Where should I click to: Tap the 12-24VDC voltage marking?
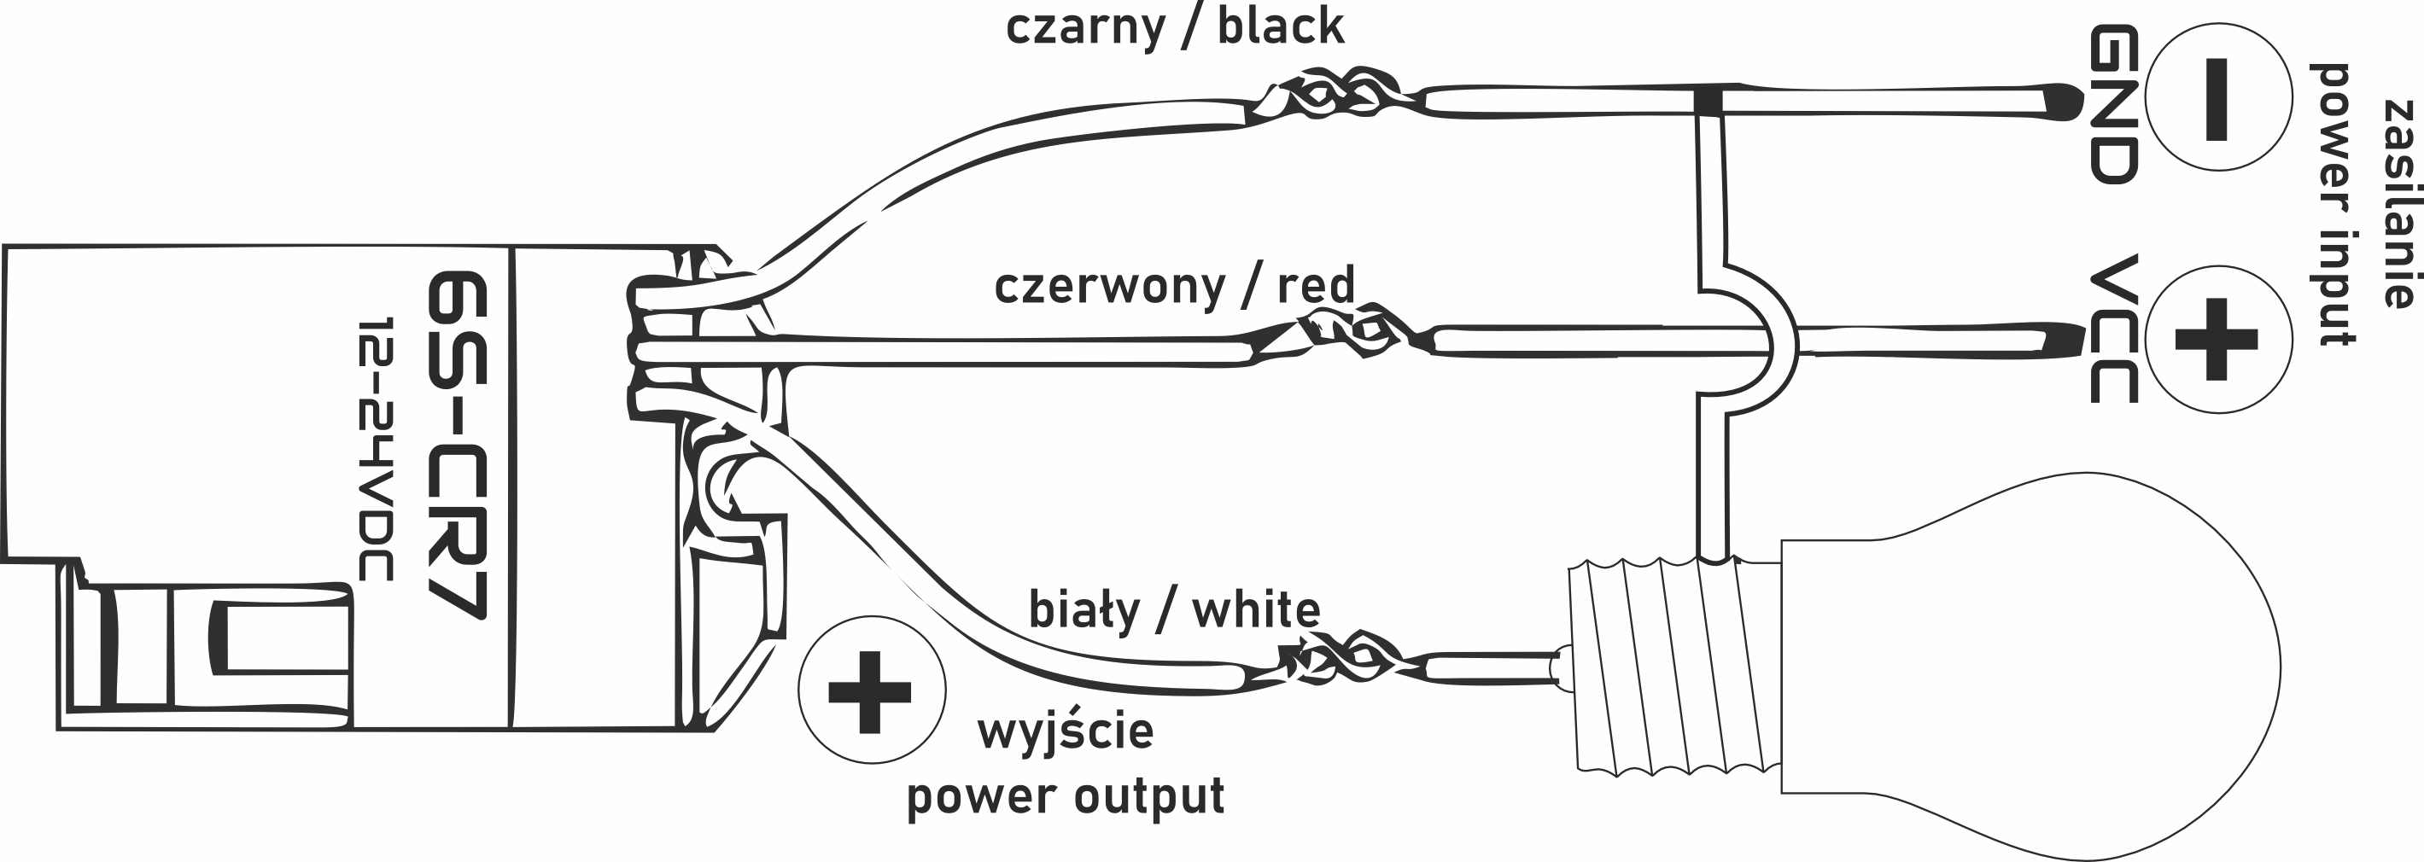pyautogui.click(x=375, y=449)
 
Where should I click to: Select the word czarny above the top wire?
pyautogui.click(x=1085, y=27)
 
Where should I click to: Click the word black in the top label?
pyautogui.click(x=1281, y=26)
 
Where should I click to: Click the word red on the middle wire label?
pyautogui.click(x=1316, y=285)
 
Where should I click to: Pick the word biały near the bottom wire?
pyautogui.click(x=1083, y=612)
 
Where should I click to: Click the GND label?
pyautogui.click(x=2113, y=103)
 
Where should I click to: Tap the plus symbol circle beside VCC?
pyautogui.click(x=2218, y=339)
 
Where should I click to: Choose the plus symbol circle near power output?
pyautogui.click(x=872, y=690)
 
